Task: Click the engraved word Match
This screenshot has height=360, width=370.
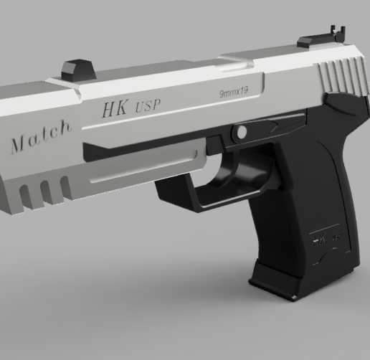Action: click(41, 136)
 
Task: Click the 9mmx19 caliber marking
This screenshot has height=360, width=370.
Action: click(234, 93)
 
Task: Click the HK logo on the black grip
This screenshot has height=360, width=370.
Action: click(318, 237)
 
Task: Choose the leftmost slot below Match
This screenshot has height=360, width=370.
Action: click(26, 195)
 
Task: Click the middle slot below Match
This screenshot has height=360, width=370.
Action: click(45, 191)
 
